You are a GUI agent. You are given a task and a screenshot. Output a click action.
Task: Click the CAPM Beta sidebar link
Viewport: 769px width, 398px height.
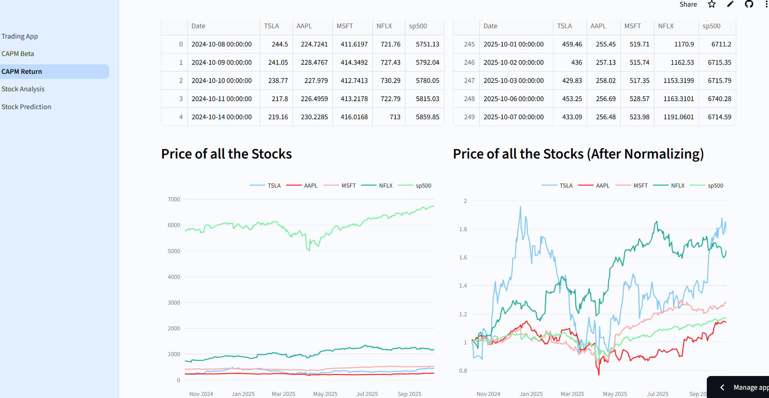pyautogui.click(x=18, y=54)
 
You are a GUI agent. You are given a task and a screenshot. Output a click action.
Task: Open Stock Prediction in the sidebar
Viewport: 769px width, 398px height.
pyautogui.click(x=26, y=107)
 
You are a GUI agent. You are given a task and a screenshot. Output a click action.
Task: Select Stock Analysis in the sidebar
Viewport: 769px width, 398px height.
pyautogui.click(x=23, y=89)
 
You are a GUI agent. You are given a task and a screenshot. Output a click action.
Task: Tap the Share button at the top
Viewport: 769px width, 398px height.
pyautogui.click(x=688, y=5)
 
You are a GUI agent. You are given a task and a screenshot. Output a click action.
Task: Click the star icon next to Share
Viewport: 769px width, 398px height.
pyautogui.click(x=712, y=5)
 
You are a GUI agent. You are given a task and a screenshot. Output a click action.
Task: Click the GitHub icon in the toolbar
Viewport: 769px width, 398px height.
pyautogui.click(x=749, y=5)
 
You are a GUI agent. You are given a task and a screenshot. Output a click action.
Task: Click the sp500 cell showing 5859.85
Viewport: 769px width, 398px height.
pyautogui.click(x=427, y=117)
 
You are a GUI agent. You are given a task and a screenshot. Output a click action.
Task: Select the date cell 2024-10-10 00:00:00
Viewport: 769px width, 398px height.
pyautogui.click(x=221, y=81)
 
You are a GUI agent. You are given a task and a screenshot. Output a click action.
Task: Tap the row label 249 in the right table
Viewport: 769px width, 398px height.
pyautogui.click(x=469, y=117)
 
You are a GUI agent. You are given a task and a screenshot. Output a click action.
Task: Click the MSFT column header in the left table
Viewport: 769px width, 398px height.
pyautogui.click(x=345, y=26)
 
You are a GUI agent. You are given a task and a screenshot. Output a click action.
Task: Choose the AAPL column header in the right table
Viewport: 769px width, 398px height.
pyautogui.click(x=598, y=26)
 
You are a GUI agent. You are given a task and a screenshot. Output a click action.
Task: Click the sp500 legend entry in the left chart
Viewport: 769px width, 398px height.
pyautogui.click(x=423, y=186)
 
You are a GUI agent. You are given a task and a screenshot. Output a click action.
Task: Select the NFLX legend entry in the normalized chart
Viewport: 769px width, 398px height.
pyautogui.click(x=677, y=186)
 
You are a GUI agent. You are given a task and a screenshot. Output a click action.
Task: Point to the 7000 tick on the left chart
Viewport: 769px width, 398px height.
pyautogui.click(x=174, y=200)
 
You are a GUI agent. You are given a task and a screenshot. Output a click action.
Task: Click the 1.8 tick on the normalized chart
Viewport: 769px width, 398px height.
pyautogui.click(x=463, y=229)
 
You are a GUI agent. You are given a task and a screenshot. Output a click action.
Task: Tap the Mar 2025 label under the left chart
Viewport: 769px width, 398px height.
pyautogui.click(x=283, y=394)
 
